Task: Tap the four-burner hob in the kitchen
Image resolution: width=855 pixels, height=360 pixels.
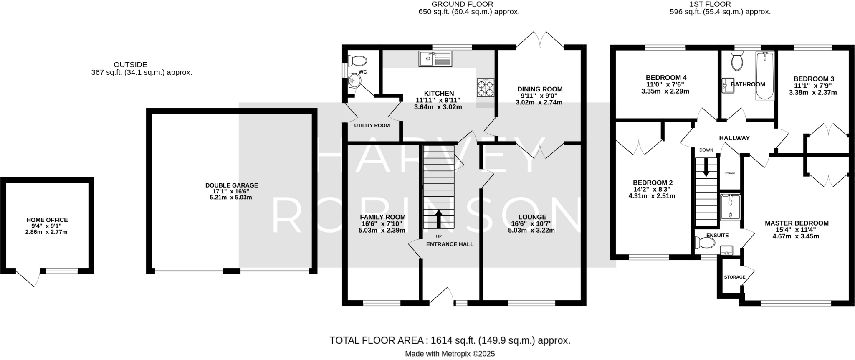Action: pyautogui.click(x=486, y=88)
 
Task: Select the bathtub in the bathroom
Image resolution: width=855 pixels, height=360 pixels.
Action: pyautogui.click(x=764, y=76)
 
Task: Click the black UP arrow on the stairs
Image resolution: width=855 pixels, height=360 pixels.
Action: pyautogui.click(x=438, y=218)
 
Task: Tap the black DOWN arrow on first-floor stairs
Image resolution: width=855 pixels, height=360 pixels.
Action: pyautogui.click(x=706, y=167)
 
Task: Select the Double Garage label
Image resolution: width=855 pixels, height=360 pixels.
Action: pyautogui.click(x=231, y=185)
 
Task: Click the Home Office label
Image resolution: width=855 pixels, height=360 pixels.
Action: pyautogui.click(x=47, y=220)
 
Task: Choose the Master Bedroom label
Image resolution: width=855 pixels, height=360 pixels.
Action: pyautogui.click(x=796, y=223)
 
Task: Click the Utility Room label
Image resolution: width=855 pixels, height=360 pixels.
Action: pyautogui.click(x=372, y=125)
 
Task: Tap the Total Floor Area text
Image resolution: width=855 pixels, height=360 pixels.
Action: pyautogui.click(x=450, y=340)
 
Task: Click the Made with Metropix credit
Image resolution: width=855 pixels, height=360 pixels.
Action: pyautogui.click(x=450, y=354)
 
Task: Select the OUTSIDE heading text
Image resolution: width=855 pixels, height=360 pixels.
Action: pyautogui.click(x=130, y=65)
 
